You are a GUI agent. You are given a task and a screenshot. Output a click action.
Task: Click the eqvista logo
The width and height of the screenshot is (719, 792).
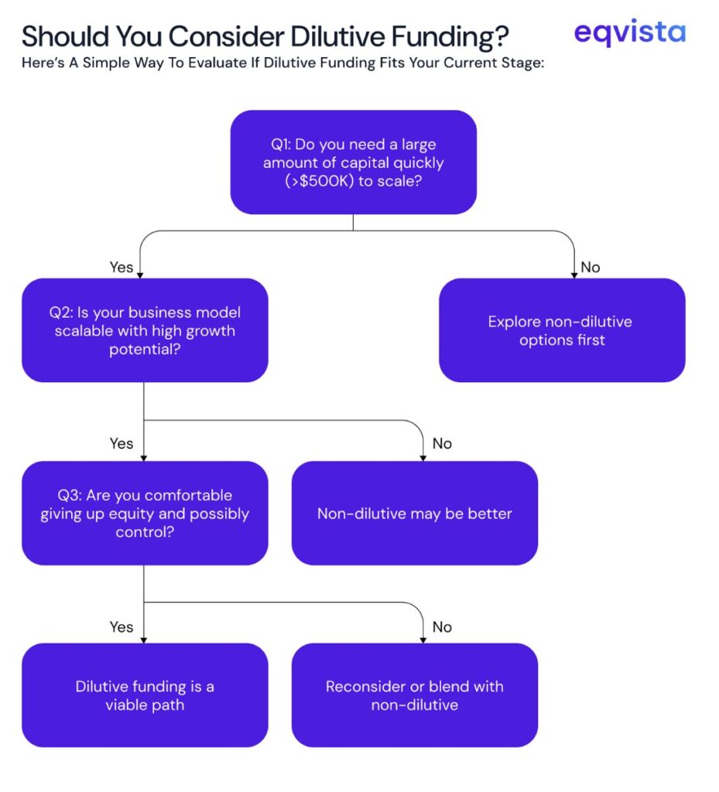629,32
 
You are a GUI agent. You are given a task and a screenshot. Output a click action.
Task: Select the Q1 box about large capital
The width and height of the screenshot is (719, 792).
353,162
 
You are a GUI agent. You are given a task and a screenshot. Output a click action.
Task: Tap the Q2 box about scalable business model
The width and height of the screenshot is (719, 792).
145,330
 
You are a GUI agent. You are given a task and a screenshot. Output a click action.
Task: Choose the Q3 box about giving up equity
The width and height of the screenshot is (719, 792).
145,514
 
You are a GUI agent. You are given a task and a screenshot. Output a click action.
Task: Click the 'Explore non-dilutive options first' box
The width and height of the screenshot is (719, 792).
561,330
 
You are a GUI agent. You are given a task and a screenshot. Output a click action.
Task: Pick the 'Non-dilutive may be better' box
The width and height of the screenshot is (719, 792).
414,514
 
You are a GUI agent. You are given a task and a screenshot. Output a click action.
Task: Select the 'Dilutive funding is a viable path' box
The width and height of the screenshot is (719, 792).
145,695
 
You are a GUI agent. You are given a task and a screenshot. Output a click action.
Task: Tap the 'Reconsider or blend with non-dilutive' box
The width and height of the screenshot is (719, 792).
414,695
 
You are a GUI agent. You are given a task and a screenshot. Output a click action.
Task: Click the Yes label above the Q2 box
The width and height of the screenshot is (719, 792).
122,267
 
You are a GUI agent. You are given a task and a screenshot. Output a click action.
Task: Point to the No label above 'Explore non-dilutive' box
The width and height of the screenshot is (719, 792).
591,267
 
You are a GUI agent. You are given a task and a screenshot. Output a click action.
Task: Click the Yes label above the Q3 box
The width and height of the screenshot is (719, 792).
122,443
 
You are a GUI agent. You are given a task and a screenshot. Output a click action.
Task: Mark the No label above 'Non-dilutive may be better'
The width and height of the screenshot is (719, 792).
442,443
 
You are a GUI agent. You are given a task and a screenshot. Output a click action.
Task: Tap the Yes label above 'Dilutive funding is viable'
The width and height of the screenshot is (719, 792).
122,626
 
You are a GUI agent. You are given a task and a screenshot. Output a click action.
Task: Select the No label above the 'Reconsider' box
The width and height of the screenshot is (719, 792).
442,626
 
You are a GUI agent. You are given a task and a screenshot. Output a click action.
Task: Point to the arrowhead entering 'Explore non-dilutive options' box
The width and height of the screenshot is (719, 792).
574,275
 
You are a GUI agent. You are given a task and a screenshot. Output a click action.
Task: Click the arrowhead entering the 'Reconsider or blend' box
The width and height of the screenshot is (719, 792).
423,640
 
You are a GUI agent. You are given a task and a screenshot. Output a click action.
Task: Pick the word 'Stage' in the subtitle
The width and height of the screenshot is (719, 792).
522,63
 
